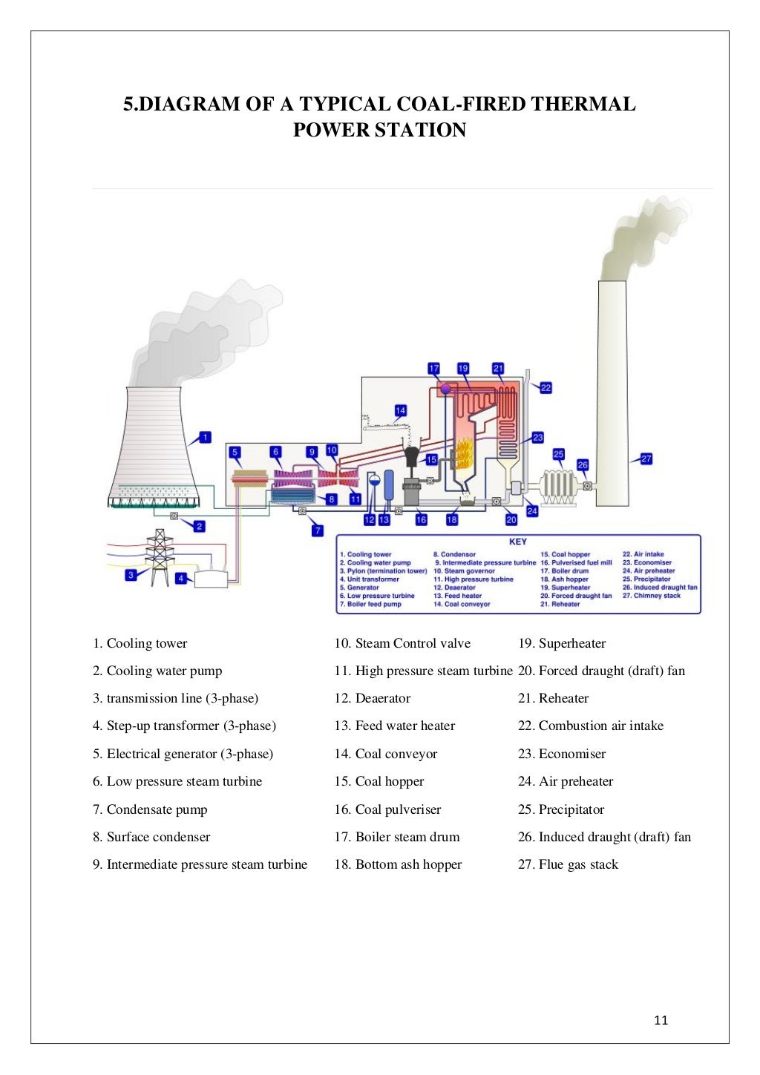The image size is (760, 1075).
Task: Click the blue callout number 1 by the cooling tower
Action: pyautogui.click(x=205, y=438)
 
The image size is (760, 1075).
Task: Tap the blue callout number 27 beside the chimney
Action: pyautogui.click(x=646, y=458)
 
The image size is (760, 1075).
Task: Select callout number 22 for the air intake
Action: pyautogui.click(x=546, y=388)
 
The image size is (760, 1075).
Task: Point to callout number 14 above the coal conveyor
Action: pyautogui.click(x=400, y=410)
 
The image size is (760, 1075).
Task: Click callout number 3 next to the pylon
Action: pyautogui.click(x=131, y=574)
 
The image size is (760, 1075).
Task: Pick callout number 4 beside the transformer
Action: pyautogui.click(x=181, y=578)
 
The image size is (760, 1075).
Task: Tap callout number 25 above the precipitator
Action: pyautogui.click(x=558, y=454)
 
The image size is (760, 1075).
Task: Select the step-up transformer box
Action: pyautogui.click(x=211, y=579)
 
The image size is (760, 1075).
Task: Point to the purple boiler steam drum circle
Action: pyautogui.click(x=445, y=388)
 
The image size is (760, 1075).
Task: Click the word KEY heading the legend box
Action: pyautogui.click(x=517, y=542)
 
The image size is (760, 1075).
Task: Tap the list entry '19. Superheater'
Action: pyautogui.click(x=562, y=643)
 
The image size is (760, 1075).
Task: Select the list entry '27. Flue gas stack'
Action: pyautogui.click(x=568, y=864)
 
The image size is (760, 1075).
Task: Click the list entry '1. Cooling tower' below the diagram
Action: pyautogui.click(x=140, y=643)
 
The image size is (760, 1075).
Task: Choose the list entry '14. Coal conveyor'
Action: pyautogui.click(x=386, y=754)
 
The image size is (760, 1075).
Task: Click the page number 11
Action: pyautogui.click(x=661, y=1020)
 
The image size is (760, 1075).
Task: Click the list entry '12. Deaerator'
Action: pyautogui.click(x=373, y=698)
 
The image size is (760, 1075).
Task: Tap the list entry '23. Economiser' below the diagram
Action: pyautogui.click(x=562, y=754)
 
